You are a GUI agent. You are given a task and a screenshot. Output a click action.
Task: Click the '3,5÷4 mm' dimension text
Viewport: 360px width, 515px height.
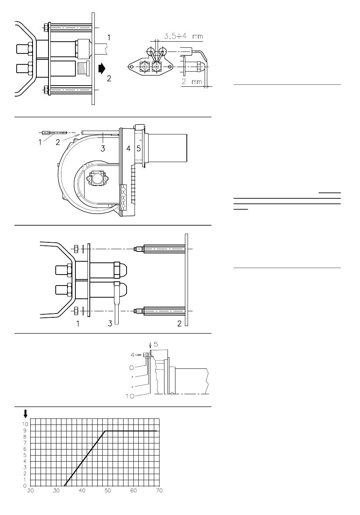pos(183,37)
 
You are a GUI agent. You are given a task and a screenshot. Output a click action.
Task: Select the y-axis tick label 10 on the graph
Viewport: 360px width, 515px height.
pos(25,424)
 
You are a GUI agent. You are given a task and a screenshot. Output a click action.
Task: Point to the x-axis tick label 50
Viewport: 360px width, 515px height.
pos(108,490)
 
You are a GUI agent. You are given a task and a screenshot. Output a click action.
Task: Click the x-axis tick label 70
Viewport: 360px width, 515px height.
pos(159,490)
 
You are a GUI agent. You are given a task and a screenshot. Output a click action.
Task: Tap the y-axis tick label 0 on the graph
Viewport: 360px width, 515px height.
pos(25,485)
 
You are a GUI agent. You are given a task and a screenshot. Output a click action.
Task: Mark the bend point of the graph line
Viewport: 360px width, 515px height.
pos(105,431)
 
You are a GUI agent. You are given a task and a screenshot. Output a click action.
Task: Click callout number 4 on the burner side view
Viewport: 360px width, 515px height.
pos(128,149)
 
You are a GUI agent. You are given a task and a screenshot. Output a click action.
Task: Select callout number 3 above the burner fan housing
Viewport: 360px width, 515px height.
pos(103,149)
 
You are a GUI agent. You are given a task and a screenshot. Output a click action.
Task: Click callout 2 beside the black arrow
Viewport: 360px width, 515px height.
pos(109,79)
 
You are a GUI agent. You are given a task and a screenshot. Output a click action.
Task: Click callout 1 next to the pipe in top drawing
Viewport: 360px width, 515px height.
pos(109,37)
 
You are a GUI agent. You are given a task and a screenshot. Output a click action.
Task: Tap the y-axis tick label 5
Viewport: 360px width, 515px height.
pos(25,455)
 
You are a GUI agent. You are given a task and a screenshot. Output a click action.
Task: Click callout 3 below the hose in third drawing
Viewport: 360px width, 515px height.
pos(110,323)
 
